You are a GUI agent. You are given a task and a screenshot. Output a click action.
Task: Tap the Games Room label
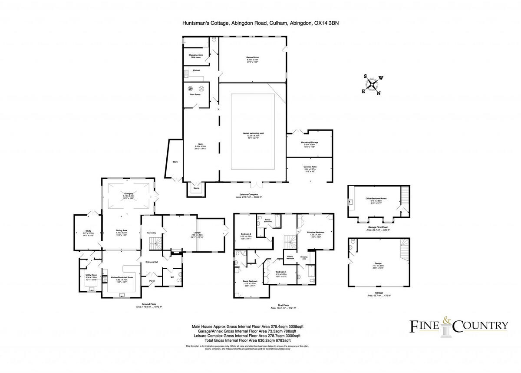(252, 59)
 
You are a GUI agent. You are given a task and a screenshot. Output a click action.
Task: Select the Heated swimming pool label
(252, 135)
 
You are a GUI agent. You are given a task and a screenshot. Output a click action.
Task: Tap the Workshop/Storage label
(310, 143)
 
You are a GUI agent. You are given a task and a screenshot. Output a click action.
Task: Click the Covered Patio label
(310, 167)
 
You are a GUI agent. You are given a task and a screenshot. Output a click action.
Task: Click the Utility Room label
(91, 276)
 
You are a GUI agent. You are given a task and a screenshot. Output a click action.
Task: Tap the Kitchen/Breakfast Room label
(121, 277)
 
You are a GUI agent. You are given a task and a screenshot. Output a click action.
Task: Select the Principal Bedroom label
(316, 233)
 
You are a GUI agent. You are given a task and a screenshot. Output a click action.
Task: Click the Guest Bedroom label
(250, 282)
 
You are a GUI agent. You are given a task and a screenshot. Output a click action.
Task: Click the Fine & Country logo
(459, 325)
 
